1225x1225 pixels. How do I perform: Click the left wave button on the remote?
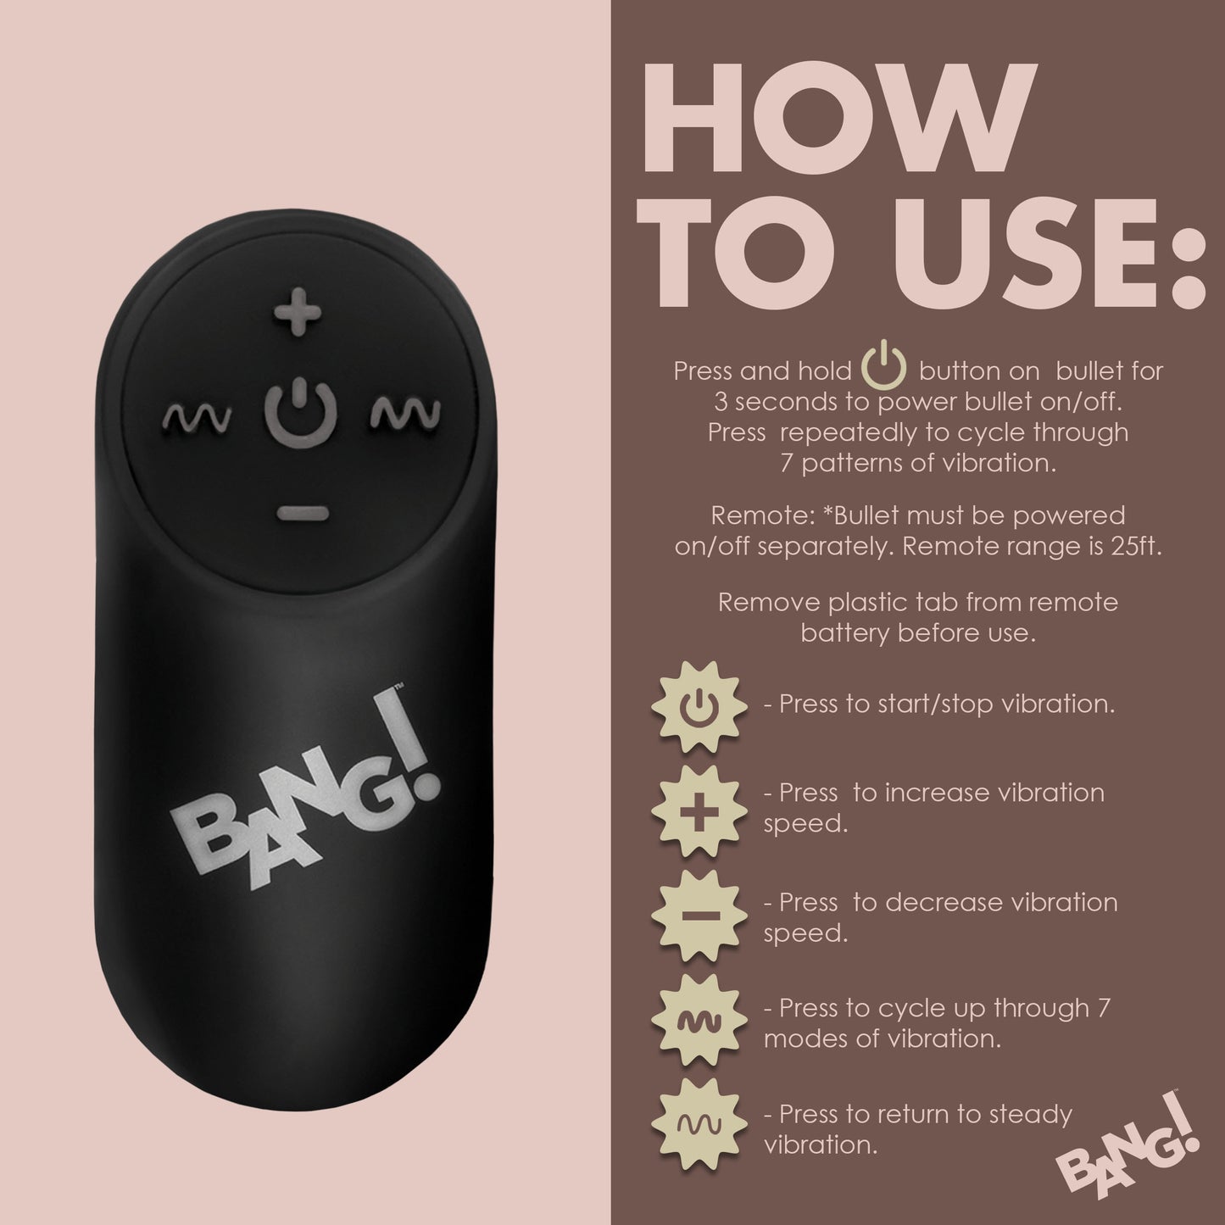pyautogui.click(x=197, y=415)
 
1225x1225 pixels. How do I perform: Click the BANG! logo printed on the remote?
pyautogui.click(x=305, y=801)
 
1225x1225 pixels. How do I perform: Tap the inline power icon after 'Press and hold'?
pyautogui.click(x=884, y=370)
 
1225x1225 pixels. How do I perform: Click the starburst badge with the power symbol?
pyautogui.click(x=699, y=705)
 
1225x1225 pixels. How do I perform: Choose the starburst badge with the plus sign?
pyautogui.click(x=699, y=809)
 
